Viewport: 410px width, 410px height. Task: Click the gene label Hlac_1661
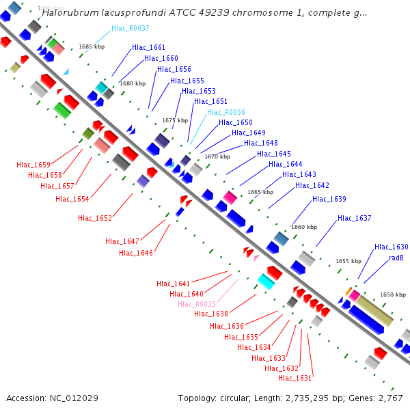[148, 48]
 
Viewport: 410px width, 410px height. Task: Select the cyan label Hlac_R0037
[132, 29]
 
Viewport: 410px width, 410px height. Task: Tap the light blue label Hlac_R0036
[225, 112]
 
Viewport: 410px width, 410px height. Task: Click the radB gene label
[396, 258]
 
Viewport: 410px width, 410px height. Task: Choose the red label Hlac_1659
[33, 165]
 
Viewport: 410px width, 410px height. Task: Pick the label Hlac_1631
[295, 378]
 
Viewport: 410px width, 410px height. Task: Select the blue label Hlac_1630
[391, 247]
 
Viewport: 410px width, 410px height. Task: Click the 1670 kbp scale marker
[217, 156]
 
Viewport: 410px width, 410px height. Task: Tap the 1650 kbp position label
[393, 295]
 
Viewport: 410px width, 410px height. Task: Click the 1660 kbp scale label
[304, 227]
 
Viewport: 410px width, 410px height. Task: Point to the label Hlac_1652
[94, 219]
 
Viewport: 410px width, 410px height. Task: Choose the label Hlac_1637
[354, 219]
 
